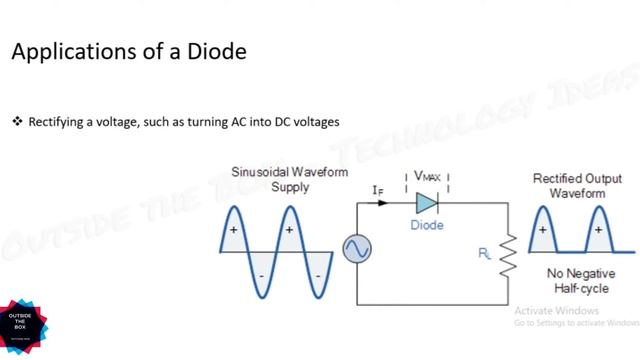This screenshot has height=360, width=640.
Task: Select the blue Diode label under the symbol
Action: pos(427,225)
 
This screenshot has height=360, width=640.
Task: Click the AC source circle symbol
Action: pos(357,250)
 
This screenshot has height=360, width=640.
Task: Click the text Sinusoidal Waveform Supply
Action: pos(276,179)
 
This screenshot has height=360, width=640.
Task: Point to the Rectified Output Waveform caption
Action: pos(572,185)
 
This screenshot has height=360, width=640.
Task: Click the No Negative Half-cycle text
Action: pos(572,280)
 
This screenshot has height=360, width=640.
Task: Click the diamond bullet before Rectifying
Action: pos(17,122)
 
